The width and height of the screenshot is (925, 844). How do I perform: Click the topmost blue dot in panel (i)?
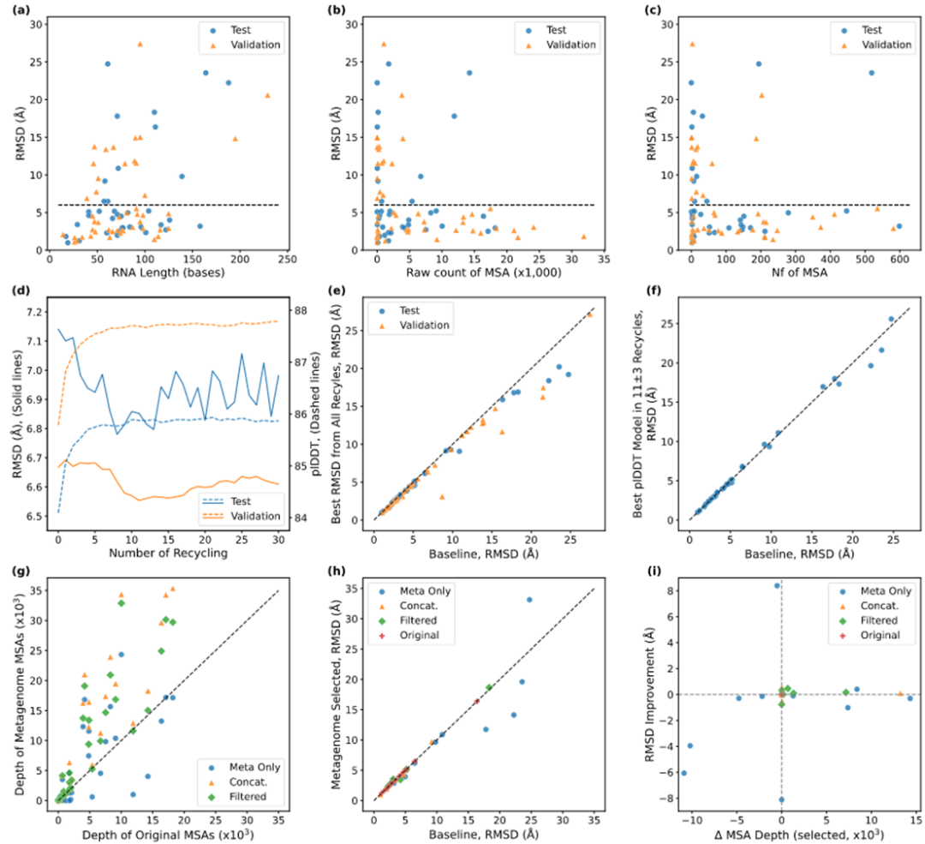[777, 585]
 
